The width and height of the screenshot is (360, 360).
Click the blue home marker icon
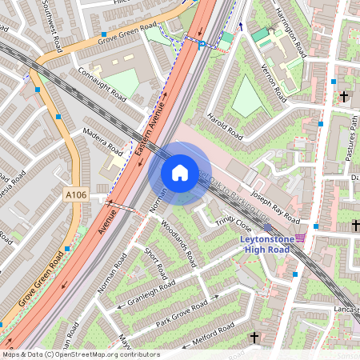[180, 172]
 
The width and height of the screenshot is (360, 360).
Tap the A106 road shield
[74, 194]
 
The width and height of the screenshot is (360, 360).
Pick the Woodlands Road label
[178, 243]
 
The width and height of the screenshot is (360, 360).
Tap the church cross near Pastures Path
[344, 96]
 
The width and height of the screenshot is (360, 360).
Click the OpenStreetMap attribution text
[80, 354]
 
